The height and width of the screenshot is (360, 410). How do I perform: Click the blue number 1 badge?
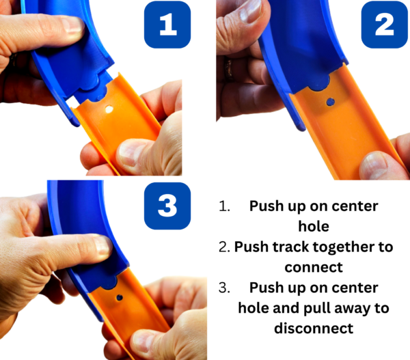(167, 25)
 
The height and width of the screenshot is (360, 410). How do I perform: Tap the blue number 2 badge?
(384, 25)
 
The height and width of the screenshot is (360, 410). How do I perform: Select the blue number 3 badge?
(167, 206)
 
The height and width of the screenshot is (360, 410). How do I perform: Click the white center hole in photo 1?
(109, 109)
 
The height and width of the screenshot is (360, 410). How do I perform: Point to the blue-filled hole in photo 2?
(331, 102)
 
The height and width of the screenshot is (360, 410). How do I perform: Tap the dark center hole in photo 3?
(120, 298)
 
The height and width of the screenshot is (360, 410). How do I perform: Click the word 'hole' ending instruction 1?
(314, 226)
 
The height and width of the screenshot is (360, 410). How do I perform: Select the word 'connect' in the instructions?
(314, 267)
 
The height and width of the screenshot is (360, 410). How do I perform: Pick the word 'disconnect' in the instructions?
(314, 329)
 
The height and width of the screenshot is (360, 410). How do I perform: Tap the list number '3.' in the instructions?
(224, 288)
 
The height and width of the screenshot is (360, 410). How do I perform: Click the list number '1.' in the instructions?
(224, 206)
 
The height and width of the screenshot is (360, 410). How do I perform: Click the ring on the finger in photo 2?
(230, 68)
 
